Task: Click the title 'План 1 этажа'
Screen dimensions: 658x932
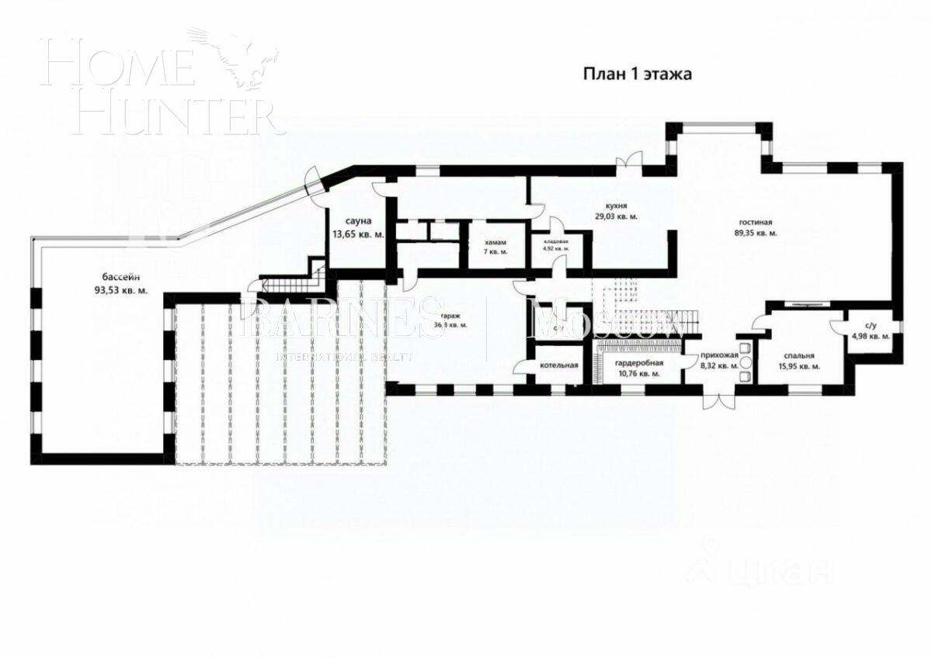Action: [637, 74]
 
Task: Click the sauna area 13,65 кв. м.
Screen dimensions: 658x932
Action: [358, 234]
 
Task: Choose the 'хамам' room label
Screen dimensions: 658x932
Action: [494, 242]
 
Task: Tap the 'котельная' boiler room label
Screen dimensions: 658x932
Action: [560, 365]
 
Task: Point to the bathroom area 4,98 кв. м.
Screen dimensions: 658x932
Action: [868, 336]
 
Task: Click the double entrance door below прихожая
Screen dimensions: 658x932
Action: [718, 400]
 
